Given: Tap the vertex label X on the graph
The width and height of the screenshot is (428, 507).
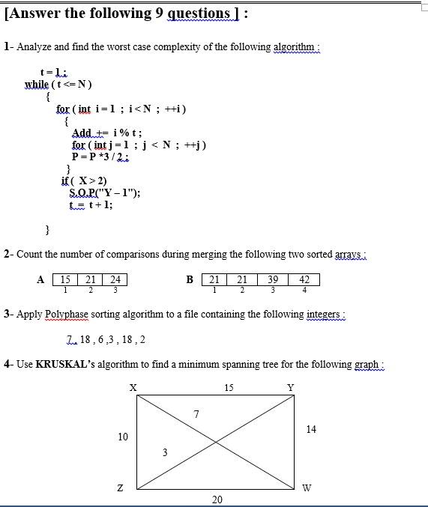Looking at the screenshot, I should point(133,387).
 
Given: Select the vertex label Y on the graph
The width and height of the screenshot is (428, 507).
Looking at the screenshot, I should point(291,387).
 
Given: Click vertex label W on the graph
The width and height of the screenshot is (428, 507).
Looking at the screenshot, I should point(307,488).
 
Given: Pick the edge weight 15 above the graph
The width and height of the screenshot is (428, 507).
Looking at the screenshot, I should point(229,387).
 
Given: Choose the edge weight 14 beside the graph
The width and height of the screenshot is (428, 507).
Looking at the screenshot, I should point(311,429).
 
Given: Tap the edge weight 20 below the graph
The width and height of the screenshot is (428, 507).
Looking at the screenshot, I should point(217,500).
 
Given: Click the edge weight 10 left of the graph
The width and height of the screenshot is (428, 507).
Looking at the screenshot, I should point(124,437).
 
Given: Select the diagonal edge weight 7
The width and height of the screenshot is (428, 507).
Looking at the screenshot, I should point(196,414).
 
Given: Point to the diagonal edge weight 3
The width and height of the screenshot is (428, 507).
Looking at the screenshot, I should point(165,452).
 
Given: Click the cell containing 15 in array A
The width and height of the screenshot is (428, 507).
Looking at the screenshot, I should point(66,280).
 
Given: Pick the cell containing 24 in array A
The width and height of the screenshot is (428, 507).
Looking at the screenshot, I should point(115,280).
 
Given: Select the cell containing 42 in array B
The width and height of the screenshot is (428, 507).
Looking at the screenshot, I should point(304,280).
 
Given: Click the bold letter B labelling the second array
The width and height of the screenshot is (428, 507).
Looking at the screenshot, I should point(190,280).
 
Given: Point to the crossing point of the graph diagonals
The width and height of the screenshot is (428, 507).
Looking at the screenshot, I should point(217,442).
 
